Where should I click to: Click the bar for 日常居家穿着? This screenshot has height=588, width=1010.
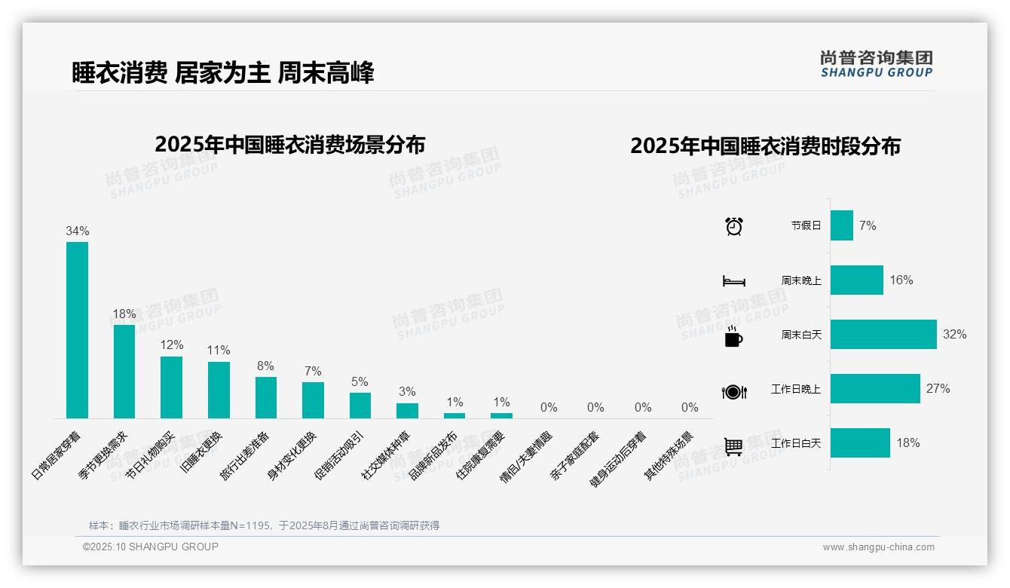tap(77, 329)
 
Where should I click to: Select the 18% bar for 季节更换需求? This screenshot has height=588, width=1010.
tap(124, 371)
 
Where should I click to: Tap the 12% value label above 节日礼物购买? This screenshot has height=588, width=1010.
tap(172, 345)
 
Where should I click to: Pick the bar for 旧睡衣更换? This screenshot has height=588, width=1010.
tap(219, 390)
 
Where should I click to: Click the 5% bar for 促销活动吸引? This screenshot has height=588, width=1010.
tap(360, 406)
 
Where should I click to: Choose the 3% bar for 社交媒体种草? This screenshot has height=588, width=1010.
tap(407, 411)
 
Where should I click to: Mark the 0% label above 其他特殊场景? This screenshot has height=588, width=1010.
tap(690, 408)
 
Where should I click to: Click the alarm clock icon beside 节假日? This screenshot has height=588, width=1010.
tap(734, 226)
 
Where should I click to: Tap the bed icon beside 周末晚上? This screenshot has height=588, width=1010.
tap(734, 281)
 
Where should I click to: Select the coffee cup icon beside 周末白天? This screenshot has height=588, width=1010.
tap(733, 336)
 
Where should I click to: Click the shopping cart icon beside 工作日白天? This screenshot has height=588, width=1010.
tap(733, 446)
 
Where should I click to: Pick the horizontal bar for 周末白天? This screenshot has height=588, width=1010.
tap(883, 334)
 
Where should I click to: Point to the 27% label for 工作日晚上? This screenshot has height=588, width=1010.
tap(938, 389)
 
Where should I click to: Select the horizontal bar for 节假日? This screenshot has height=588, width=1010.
tap(842, 225)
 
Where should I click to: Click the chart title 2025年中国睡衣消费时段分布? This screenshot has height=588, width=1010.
tap(765, 146)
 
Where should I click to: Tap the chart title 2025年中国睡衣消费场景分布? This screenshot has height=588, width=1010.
tap(290, 144)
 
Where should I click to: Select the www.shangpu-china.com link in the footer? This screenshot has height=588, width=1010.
tap(878, 547)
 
